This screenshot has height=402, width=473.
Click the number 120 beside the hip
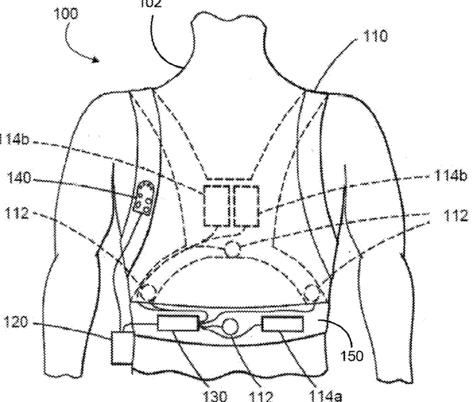17,322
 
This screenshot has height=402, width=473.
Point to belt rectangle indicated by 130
177,322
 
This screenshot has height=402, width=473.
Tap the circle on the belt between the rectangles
230,327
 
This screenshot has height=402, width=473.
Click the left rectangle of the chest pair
217,205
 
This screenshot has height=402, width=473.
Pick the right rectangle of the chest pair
246,205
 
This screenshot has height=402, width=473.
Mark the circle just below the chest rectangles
233,249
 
